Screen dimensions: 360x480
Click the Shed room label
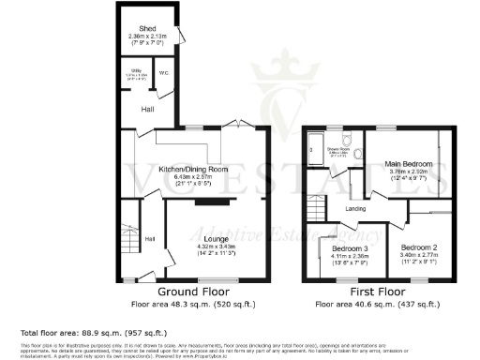[x=147, y=29]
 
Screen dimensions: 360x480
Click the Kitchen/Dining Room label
[x=193, y=169]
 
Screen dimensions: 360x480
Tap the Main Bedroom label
[x=406, y=165]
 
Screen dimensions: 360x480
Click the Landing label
[x=355, y=209]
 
